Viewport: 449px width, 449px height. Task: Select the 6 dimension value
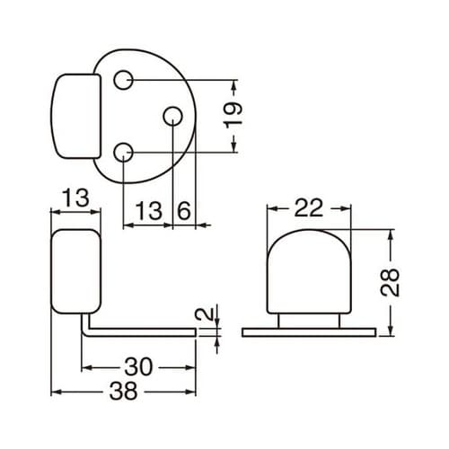pyautogui.click(x=183, y=211)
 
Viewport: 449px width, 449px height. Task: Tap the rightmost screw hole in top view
pyautogui.click(x=172, y=116)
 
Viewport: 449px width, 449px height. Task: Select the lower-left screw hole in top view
pyautogui.click(x=126, y=153)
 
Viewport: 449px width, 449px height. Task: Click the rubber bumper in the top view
pyautogui.click(x=75, y=116)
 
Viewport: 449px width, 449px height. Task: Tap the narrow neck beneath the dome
pyautogui.click(x=309, y=320)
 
